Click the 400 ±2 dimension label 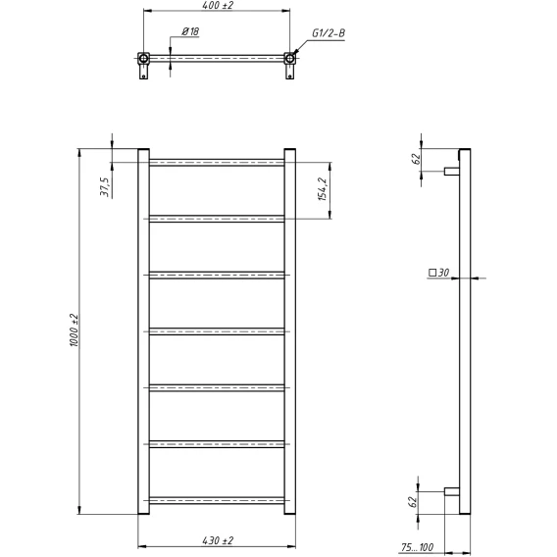(218, 5)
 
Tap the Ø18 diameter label (190, 31)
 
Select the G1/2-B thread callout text (329, 33)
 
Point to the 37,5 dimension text (105, 187)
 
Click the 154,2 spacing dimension (323, 189)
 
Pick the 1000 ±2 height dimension (75, 330)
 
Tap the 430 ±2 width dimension (218, 540)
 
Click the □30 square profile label (439, 273)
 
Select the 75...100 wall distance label (417, 547)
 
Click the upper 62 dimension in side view (416, 159)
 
